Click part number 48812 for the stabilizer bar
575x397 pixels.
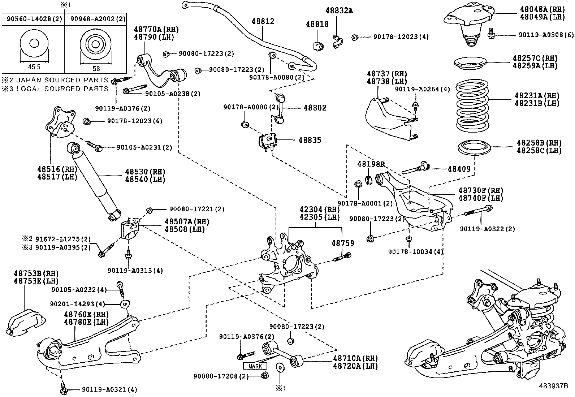tap(263, 21)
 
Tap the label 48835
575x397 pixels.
tap(310, 140)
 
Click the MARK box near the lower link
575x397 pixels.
tap(255, 366)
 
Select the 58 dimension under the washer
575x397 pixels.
tap(96, 68)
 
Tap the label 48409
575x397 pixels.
tap(459, 168)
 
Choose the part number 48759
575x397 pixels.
tap(343, 243)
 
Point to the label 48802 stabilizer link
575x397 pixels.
tap(315, 108)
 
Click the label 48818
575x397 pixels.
tap(317, 24)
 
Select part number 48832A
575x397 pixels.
tap(339, 11)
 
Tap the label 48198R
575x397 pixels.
tap(371, 164)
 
